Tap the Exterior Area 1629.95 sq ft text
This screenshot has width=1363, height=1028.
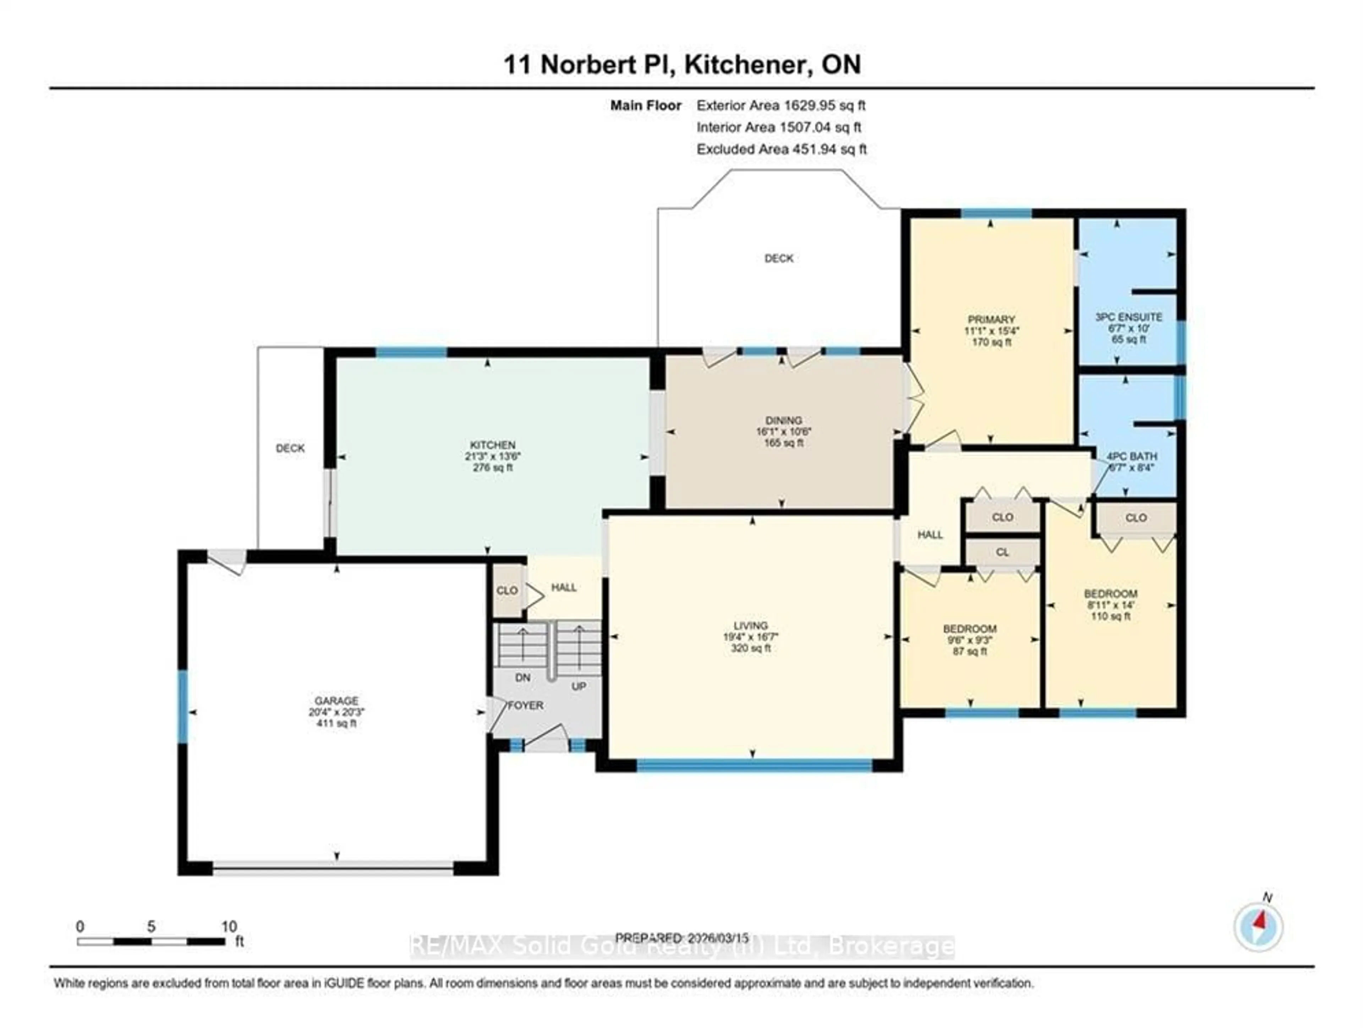coord(781,105)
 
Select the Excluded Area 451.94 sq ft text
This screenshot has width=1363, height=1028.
coord(781,149)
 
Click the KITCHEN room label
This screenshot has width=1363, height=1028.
coord(492,445)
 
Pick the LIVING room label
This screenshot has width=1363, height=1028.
coord(750,625)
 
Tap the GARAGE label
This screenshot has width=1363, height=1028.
coord(336,700)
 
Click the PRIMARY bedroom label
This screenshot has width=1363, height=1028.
coord(991,319)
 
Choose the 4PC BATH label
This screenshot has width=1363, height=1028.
coord(1132,457)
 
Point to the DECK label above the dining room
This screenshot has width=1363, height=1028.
coord(779,259)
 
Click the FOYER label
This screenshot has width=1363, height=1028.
coord(526,705)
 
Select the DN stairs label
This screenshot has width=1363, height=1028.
coord(522,678)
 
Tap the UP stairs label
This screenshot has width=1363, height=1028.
coord(579,686)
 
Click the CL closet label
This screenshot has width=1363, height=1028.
coord(1002,553)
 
